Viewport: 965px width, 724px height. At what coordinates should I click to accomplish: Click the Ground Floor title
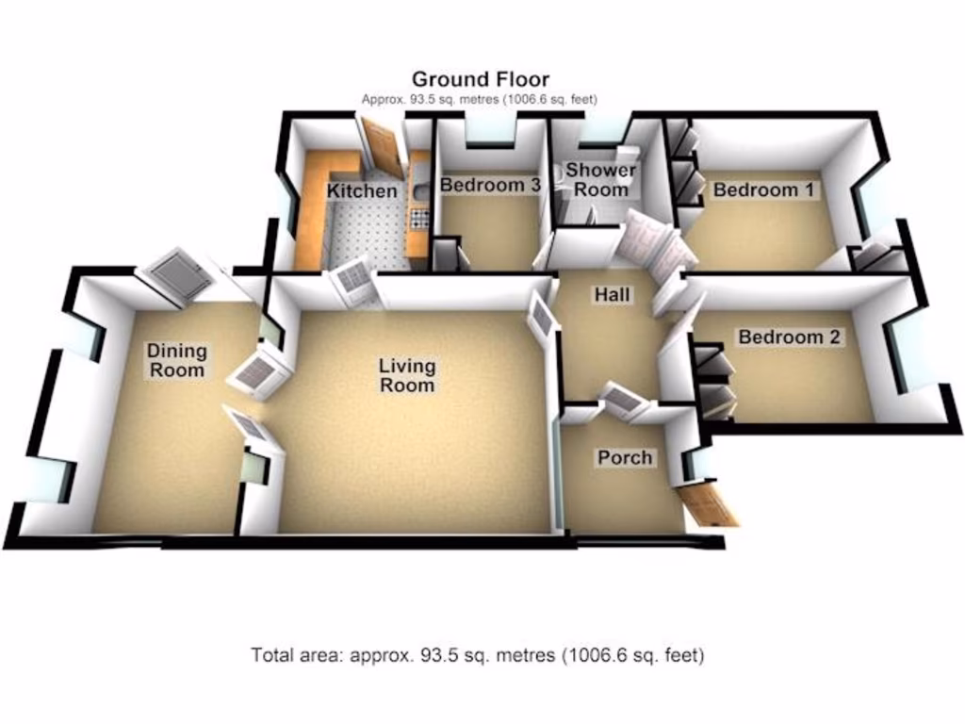pyautogui.click(x=480, y=79)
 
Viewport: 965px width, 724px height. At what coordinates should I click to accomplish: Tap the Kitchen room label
pyautogui.click(x=362, y=191)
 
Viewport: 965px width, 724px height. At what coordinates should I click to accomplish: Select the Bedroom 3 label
pyautogui.click(x=490, y=186)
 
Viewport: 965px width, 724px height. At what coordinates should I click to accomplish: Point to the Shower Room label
pyautogui.click(x=600, y=180)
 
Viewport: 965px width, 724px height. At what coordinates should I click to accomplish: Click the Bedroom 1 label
pyautogui.click(x=762, y=189)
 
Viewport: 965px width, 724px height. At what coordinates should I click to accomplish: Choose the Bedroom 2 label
pyautogui.click(x=790, y=337)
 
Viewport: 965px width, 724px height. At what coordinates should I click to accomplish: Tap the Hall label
pyautogui.click(x=612, y=295)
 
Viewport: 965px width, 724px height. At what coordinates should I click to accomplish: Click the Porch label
pyautogui.click(x=625, y=457)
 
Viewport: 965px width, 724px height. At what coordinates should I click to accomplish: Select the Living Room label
pyautogui.click(x=407, y=375)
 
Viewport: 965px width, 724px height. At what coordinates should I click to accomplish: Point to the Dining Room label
pyautogui.click(x=176, y=361)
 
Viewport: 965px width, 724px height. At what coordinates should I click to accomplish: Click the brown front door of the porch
pyautogui.click(x=708, y=504)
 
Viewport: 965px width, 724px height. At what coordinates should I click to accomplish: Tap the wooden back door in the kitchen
pyautogui.click(x=383, y=148)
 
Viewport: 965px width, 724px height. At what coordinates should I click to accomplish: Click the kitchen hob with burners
pyautogui.click(x=419, y=219)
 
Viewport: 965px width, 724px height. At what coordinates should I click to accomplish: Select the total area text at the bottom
pyautogui.click(x=477, y=654)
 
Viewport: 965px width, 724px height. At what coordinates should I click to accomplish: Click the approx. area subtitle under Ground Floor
pyautogui.click(x=480, y=99)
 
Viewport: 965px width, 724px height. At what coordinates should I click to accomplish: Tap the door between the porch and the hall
pyautogui.click(x=623, y=400)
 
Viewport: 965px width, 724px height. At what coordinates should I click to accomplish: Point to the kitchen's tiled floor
pyautogui.click(x=368, y=231)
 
